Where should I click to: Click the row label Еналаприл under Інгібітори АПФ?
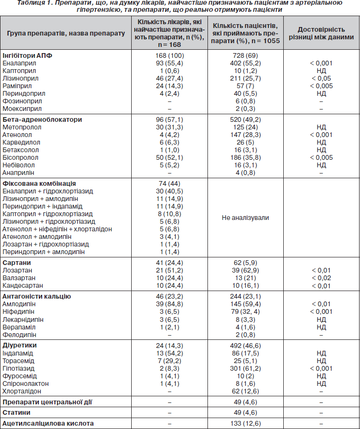pyautogui.click(x=19, y=63)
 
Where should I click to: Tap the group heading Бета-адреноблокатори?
pyautogui.click(x=42, y=119)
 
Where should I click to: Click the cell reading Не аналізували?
pyautogui.click(x=245, y=218)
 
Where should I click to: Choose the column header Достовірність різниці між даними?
pyautogui.click(x=321, y=33)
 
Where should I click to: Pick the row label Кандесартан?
pyautogui.click(x=23, y=285)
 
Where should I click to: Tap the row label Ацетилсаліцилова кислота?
pyautogui.click(x=48, y=423)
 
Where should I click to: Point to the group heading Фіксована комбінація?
pyautogui.click(x=39, y=183)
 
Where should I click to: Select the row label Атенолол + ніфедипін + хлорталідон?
pyautogui.click(x=57, y=229)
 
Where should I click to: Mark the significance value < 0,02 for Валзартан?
pyautogui.click(x=321, y=278)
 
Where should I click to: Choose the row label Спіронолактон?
pyautogui.click(x=26, y=383)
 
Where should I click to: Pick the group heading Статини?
pyautogui.click(x=17, y=412)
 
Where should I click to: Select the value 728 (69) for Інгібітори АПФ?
pyautogui.click(x=245, y=55)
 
